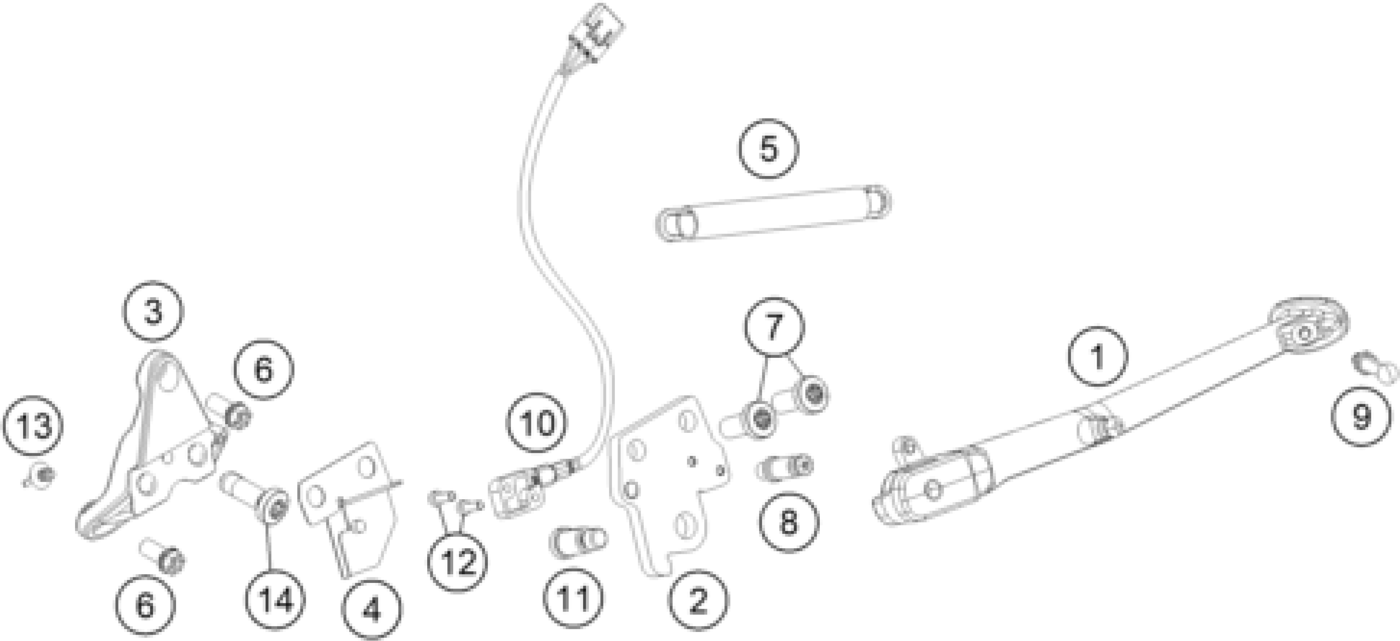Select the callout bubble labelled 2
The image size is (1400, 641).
(x=698, y=599)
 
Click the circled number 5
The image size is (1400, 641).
(x=768, y=149)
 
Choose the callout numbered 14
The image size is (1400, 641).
(x=276, y=600)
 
